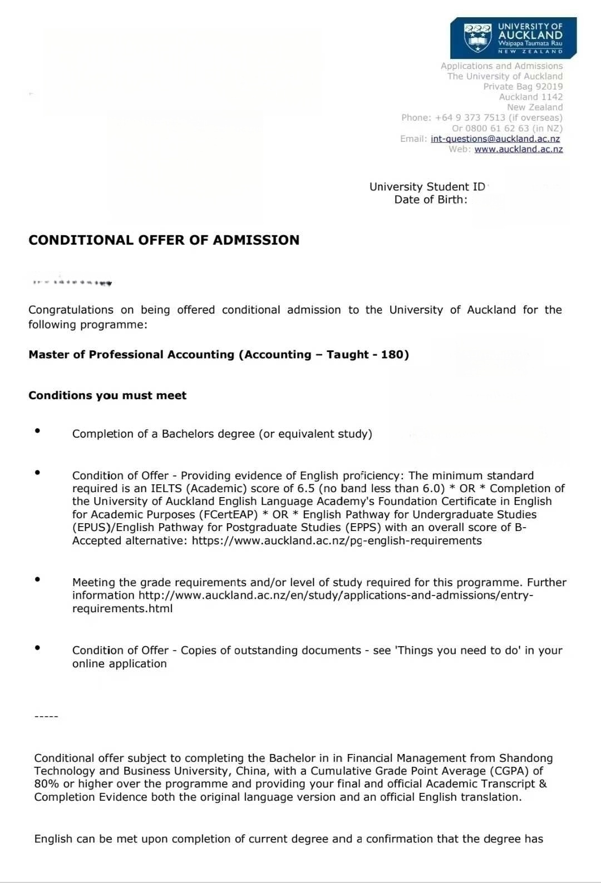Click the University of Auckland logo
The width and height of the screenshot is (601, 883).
[513, 38]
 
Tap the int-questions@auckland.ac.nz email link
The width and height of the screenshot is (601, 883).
[495, 139]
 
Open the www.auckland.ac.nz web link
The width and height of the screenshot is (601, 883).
[519, 149]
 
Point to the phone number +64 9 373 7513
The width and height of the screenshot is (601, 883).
[470, 118]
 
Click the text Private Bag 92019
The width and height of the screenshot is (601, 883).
[523, 87]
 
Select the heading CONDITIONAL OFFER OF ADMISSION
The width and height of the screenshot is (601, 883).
[164, 240]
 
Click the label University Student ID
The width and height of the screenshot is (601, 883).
[427, 187]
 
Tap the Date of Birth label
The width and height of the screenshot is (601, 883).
[431, 200]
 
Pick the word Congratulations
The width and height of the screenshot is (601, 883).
[71, 310]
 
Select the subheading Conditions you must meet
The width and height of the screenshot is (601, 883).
[107, 395]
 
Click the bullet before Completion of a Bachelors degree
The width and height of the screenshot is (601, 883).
[37, 430]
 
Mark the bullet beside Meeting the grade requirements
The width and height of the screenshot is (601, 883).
[37, 579]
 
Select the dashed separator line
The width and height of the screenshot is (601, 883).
[46, 716]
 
